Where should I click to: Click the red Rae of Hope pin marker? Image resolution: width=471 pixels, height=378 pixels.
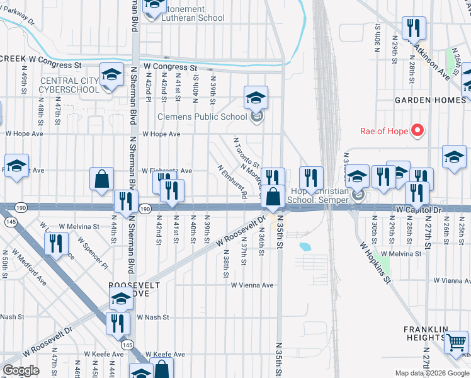point(417,131)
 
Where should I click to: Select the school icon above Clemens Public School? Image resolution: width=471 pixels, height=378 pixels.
point(256,98)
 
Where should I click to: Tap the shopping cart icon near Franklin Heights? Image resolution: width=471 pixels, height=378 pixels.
point(456,343)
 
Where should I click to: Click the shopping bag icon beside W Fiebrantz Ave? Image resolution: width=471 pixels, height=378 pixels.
point(101,179)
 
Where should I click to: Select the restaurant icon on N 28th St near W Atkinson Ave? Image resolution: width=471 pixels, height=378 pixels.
point(414,28)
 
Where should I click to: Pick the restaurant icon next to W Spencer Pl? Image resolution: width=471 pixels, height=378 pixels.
point(56,243)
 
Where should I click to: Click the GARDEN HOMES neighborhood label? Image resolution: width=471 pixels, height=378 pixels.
point(430,100)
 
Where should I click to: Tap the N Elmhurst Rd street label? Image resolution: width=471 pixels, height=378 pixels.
point(231,181)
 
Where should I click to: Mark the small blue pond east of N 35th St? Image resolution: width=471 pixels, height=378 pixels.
point(305,246)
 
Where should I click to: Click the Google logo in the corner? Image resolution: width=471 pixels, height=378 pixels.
point(21,370)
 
